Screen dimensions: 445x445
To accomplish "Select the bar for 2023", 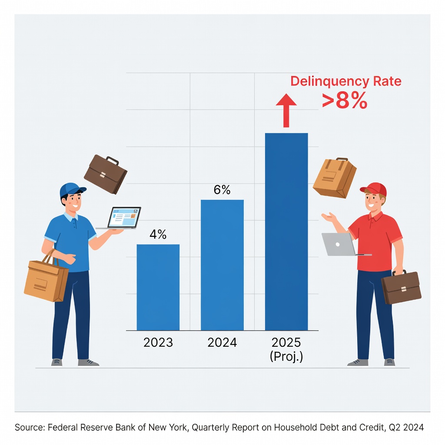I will [x=158, y=287].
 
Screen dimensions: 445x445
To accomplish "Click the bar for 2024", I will [x=222, y=265].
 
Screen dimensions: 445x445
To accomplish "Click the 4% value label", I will [x=158, y=235].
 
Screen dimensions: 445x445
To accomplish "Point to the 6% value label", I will [x=222, y=190].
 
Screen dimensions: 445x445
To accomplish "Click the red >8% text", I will [x=345, y=101].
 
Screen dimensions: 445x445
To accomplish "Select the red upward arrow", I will [x=286, y=110].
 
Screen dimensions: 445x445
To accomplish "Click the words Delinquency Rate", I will [x=345, y=81].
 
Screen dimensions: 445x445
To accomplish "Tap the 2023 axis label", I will [x=158, y=342].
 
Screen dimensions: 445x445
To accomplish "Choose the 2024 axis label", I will [x=222, y=342].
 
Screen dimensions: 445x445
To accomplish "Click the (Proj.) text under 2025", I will [x=286, y=356].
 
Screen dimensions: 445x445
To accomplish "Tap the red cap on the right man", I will [x=374, y=189].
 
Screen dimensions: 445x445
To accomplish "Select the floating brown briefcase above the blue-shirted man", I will [x=106, y=174].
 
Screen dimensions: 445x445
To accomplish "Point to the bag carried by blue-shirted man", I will [x=46, y=280].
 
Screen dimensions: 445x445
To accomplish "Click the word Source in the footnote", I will [x=30, y=428].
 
